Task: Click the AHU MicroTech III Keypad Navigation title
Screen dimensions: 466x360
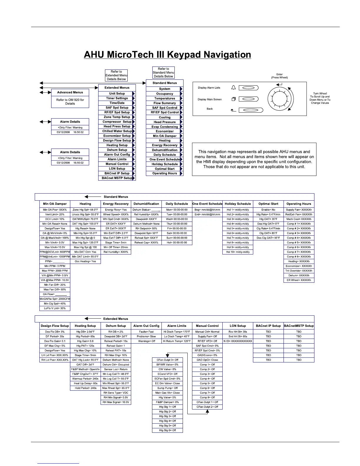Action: coord(167,55)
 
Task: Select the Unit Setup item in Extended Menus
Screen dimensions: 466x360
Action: coord(117,94)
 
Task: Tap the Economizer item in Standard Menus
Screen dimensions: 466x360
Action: coord(164,131)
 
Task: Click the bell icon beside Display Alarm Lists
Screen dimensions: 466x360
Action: coord(234,88)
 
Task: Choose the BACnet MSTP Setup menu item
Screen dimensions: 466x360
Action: coord(117,178)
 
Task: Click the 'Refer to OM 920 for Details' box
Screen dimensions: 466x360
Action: coord(70,102)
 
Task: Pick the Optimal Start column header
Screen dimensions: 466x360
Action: coord(268,204)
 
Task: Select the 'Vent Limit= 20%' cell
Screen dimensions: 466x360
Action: coord(55,214)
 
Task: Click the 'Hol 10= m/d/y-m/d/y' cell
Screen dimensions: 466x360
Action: coord(238,252)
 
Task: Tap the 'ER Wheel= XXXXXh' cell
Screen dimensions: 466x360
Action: coord(299,280)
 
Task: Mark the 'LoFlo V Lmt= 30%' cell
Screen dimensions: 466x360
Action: coord(55,308)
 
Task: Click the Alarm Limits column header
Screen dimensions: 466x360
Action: coord(177,326)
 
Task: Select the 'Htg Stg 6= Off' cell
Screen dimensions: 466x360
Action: coord(167,430)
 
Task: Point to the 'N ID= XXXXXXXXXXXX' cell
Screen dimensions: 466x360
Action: coord(238,341)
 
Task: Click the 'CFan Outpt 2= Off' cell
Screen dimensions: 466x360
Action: coord(207,407)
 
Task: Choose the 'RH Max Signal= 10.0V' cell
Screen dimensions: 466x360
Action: coord(116,402)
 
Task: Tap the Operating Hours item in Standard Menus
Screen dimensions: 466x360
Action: coord(164,173)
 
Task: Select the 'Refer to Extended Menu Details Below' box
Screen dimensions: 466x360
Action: coord(116,75)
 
